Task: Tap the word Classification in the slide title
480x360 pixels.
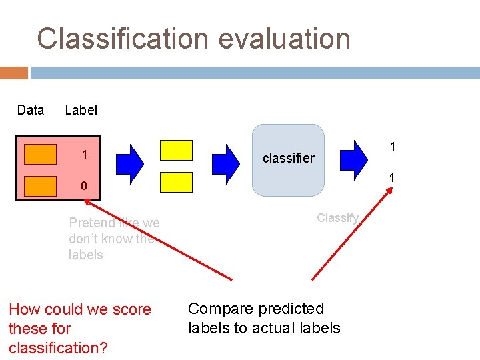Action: click(x=115, y=39)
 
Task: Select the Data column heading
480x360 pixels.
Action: click(x=31, y=110)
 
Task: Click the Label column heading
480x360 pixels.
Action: click(x=81, y=110)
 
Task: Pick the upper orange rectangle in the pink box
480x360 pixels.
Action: click(x=40, y=154)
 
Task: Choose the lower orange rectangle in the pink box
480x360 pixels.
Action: click(x=40, y=186)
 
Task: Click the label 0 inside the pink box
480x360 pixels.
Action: click(x=84, y=186)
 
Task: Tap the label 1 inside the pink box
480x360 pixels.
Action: click(x=85, y=155)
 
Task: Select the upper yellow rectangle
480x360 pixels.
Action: click(x=176, y=150)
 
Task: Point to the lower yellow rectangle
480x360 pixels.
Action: click(x=176, y=182)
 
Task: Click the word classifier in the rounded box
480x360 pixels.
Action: click(x=288, y=159)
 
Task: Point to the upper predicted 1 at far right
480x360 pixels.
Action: click(x=393, y=146)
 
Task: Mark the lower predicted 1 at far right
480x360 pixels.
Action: click(x=393, y=178)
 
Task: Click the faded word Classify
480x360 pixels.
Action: click(x=337, y=217)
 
